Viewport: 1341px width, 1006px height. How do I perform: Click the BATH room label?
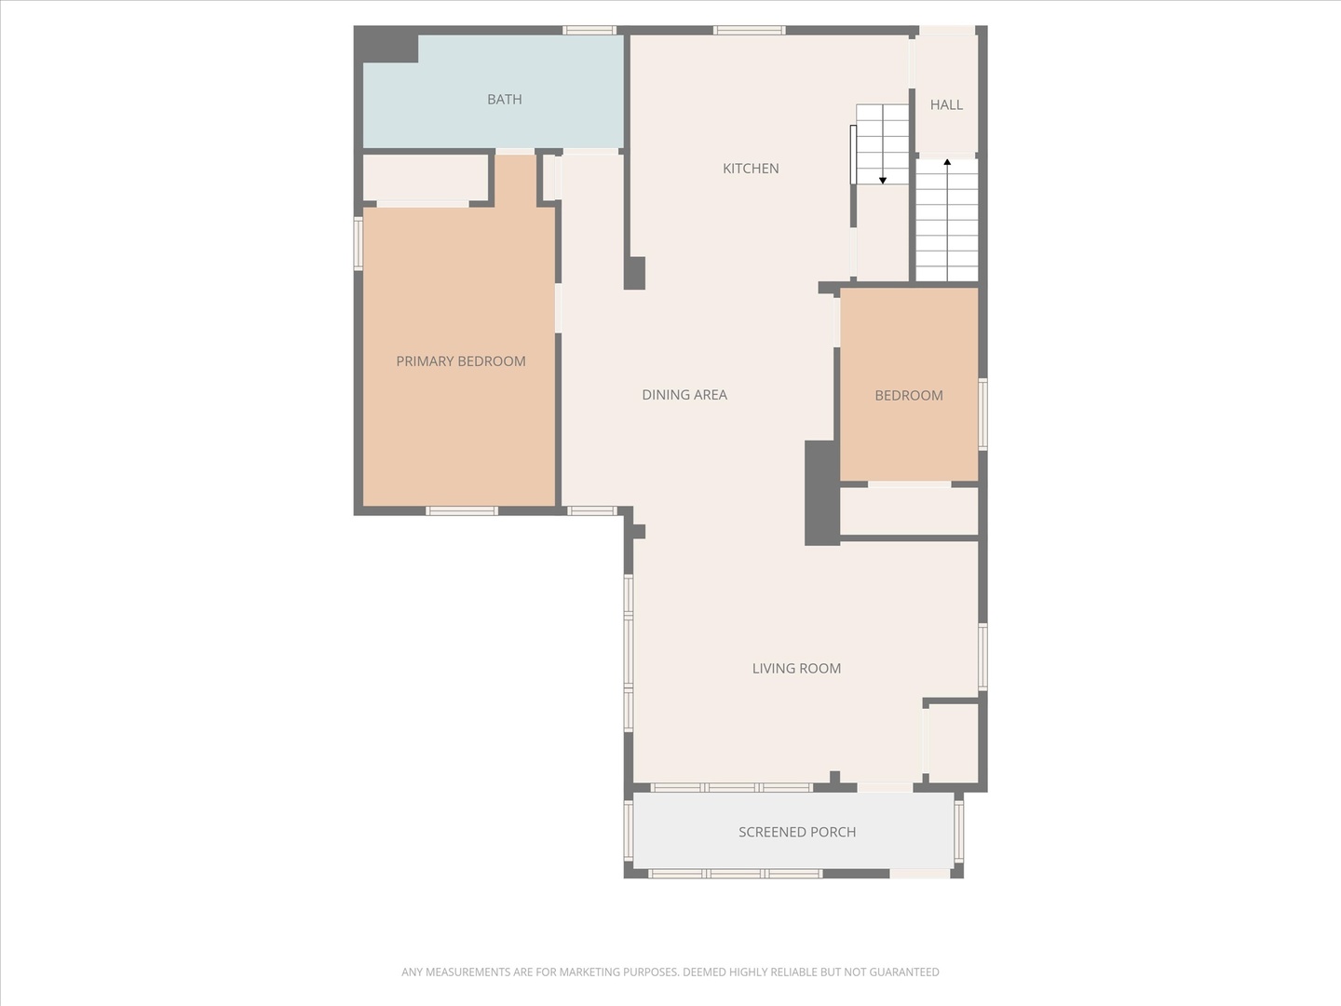pos(504,100)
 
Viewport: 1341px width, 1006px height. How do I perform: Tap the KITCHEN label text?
pos(751,169)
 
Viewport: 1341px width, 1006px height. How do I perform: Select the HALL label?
pos(946,105)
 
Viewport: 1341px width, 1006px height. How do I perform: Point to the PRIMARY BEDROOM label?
pos(461,361)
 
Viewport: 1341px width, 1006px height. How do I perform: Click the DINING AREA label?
pos(684,395)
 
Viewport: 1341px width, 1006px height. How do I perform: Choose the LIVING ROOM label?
pos(796,669)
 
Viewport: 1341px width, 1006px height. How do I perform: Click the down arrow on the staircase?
pos(883,178)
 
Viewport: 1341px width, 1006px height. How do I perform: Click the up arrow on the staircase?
pos(947,164)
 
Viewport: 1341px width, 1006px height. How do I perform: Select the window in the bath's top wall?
pos(589,31)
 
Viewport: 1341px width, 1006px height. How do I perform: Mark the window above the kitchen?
pos(750,31)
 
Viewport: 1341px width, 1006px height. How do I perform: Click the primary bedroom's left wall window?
pos(359,243)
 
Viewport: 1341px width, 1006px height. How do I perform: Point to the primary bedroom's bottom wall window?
pos(462,510)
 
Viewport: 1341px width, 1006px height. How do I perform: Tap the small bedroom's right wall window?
pos(982,414)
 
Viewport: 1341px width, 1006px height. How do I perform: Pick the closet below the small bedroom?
pos(909,510)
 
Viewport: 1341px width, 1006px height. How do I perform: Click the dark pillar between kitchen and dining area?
pos(634,273)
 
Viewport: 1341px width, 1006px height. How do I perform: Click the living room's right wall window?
pos(982,657)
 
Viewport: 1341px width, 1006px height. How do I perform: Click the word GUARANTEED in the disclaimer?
pos(904,972)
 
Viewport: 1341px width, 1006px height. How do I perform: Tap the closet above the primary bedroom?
pos(425,177)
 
